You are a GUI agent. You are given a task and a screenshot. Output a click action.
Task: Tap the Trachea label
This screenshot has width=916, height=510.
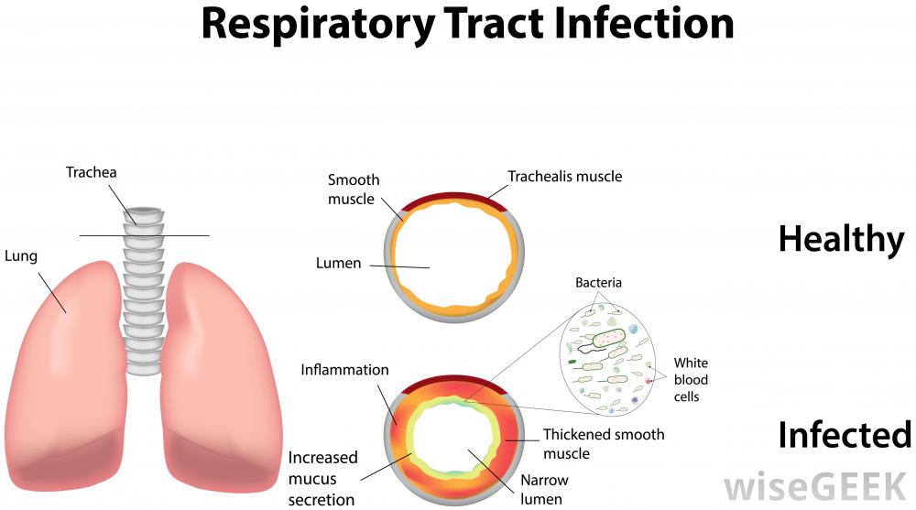coord(91,172)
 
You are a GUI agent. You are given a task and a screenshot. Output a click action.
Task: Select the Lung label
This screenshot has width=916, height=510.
coord(20,256)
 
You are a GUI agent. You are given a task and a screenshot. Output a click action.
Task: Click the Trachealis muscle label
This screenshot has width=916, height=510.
coord(564,176)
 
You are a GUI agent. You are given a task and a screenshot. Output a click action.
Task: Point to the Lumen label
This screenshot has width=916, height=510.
coord(338,264)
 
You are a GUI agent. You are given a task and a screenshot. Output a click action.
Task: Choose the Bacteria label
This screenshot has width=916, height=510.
coord(598,283)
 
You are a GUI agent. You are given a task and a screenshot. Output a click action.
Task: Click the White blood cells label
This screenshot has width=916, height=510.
coord(692,380)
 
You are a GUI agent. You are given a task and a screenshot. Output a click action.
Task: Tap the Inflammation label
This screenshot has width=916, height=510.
coord(344,370)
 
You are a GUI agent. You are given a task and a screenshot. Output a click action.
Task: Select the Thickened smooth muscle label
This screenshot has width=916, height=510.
coord(603,443)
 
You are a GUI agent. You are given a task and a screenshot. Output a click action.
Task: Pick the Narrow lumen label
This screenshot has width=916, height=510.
coord(544,489)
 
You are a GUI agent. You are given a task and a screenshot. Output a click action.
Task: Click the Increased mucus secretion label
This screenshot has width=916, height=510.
coord(322,478)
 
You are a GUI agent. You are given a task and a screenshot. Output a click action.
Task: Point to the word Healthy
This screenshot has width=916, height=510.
coord(840,239)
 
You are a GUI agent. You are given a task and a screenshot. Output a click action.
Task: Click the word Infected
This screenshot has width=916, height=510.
coord(844,435)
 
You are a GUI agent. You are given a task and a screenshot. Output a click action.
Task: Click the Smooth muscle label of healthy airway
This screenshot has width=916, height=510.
coord(353,189)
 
